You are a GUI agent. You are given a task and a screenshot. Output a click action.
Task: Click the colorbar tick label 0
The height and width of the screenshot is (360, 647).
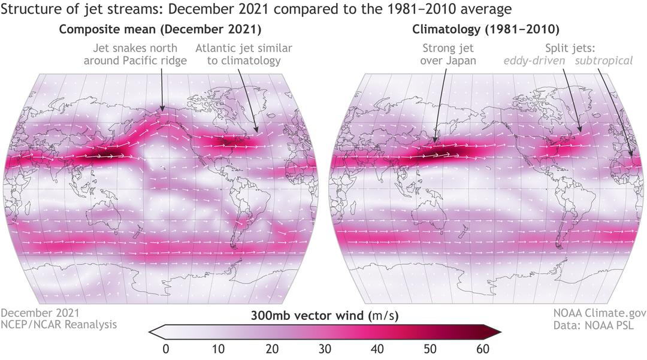click(166, 349)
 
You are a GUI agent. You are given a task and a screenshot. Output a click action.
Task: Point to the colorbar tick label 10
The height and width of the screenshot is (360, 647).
click(218, 349)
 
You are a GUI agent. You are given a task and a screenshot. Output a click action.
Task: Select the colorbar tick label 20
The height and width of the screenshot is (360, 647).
click(271, 349)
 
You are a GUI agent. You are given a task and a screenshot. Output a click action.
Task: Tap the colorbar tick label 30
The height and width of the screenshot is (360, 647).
click(325, 349)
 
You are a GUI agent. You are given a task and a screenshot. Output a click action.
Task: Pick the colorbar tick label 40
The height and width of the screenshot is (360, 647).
click(377, 349)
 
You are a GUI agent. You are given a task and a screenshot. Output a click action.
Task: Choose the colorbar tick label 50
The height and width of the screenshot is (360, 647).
click(430, 349)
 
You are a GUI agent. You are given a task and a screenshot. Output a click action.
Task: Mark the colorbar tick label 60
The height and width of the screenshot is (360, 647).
click(483, 349)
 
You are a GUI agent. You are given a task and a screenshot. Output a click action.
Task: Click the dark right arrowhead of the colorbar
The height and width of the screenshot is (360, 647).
click(492, 331)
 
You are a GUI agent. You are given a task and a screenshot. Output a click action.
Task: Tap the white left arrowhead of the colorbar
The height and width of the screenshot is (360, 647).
click(157, 331)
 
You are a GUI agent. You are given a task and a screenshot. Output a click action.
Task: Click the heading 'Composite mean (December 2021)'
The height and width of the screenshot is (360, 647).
click(160, 30)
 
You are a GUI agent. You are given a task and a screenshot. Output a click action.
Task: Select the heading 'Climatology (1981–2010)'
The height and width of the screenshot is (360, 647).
click(486, 30)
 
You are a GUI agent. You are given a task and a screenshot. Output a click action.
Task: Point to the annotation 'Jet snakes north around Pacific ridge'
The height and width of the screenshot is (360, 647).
click(135, 55)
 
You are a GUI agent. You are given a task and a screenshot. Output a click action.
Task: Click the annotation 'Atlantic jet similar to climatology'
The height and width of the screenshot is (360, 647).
click(244, 55)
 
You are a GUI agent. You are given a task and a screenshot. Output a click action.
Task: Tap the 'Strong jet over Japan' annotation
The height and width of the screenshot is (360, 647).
click(448, 55)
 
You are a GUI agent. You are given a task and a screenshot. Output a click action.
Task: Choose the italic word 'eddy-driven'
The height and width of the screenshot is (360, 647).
click(534, 61)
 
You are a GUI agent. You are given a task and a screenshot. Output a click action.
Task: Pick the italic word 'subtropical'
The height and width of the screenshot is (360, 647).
click(604, 61)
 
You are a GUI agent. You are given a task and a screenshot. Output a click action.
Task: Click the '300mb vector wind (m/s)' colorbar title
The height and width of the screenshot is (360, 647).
click(325, 316)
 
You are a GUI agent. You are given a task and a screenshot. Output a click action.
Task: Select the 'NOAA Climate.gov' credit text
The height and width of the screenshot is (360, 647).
click(600, 313)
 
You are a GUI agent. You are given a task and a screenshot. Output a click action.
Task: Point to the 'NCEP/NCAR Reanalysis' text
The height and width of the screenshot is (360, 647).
click(59, 325)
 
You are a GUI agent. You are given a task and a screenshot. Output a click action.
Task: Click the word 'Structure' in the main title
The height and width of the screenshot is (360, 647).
click(27, 9)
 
